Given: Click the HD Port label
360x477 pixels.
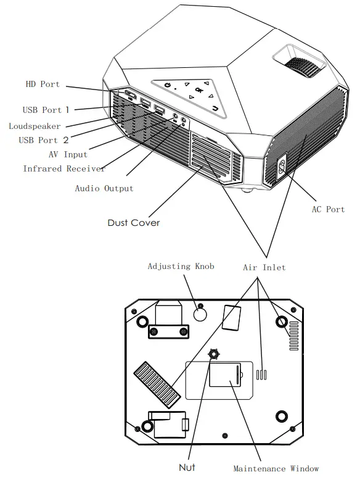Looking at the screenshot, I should pyautogui.click(x=42, y=85).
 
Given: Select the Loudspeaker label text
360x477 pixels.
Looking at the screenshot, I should pyautogui.click(x=35, y=126).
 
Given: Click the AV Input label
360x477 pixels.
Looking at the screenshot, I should pyautogui.click(x=67, y=154).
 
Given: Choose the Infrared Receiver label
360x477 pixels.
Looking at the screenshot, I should pyautogui.click(x=64, y=168).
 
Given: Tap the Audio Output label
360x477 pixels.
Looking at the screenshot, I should pyautogui.click(x=104, y=188).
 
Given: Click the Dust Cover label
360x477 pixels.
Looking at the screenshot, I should pyautogui.click(x=133, y=222).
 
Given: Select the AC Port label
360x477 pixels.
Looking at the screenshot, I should pyautogui.click(x=327, y=210).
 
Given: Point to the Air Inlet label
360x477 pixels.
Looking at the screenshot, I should pyautogui.click(x=264, y=267).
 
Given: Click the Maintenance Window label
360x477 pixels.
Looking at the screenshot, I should pyautogui.click(x=276, y=468).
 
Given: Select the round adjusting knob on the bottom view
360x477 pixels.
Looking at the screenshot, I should pyautogui.click(x=200, y=313).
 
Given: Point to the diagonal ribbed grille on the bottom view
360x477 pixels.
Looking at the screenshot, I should pyautogui.click(x=153, y=381).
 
